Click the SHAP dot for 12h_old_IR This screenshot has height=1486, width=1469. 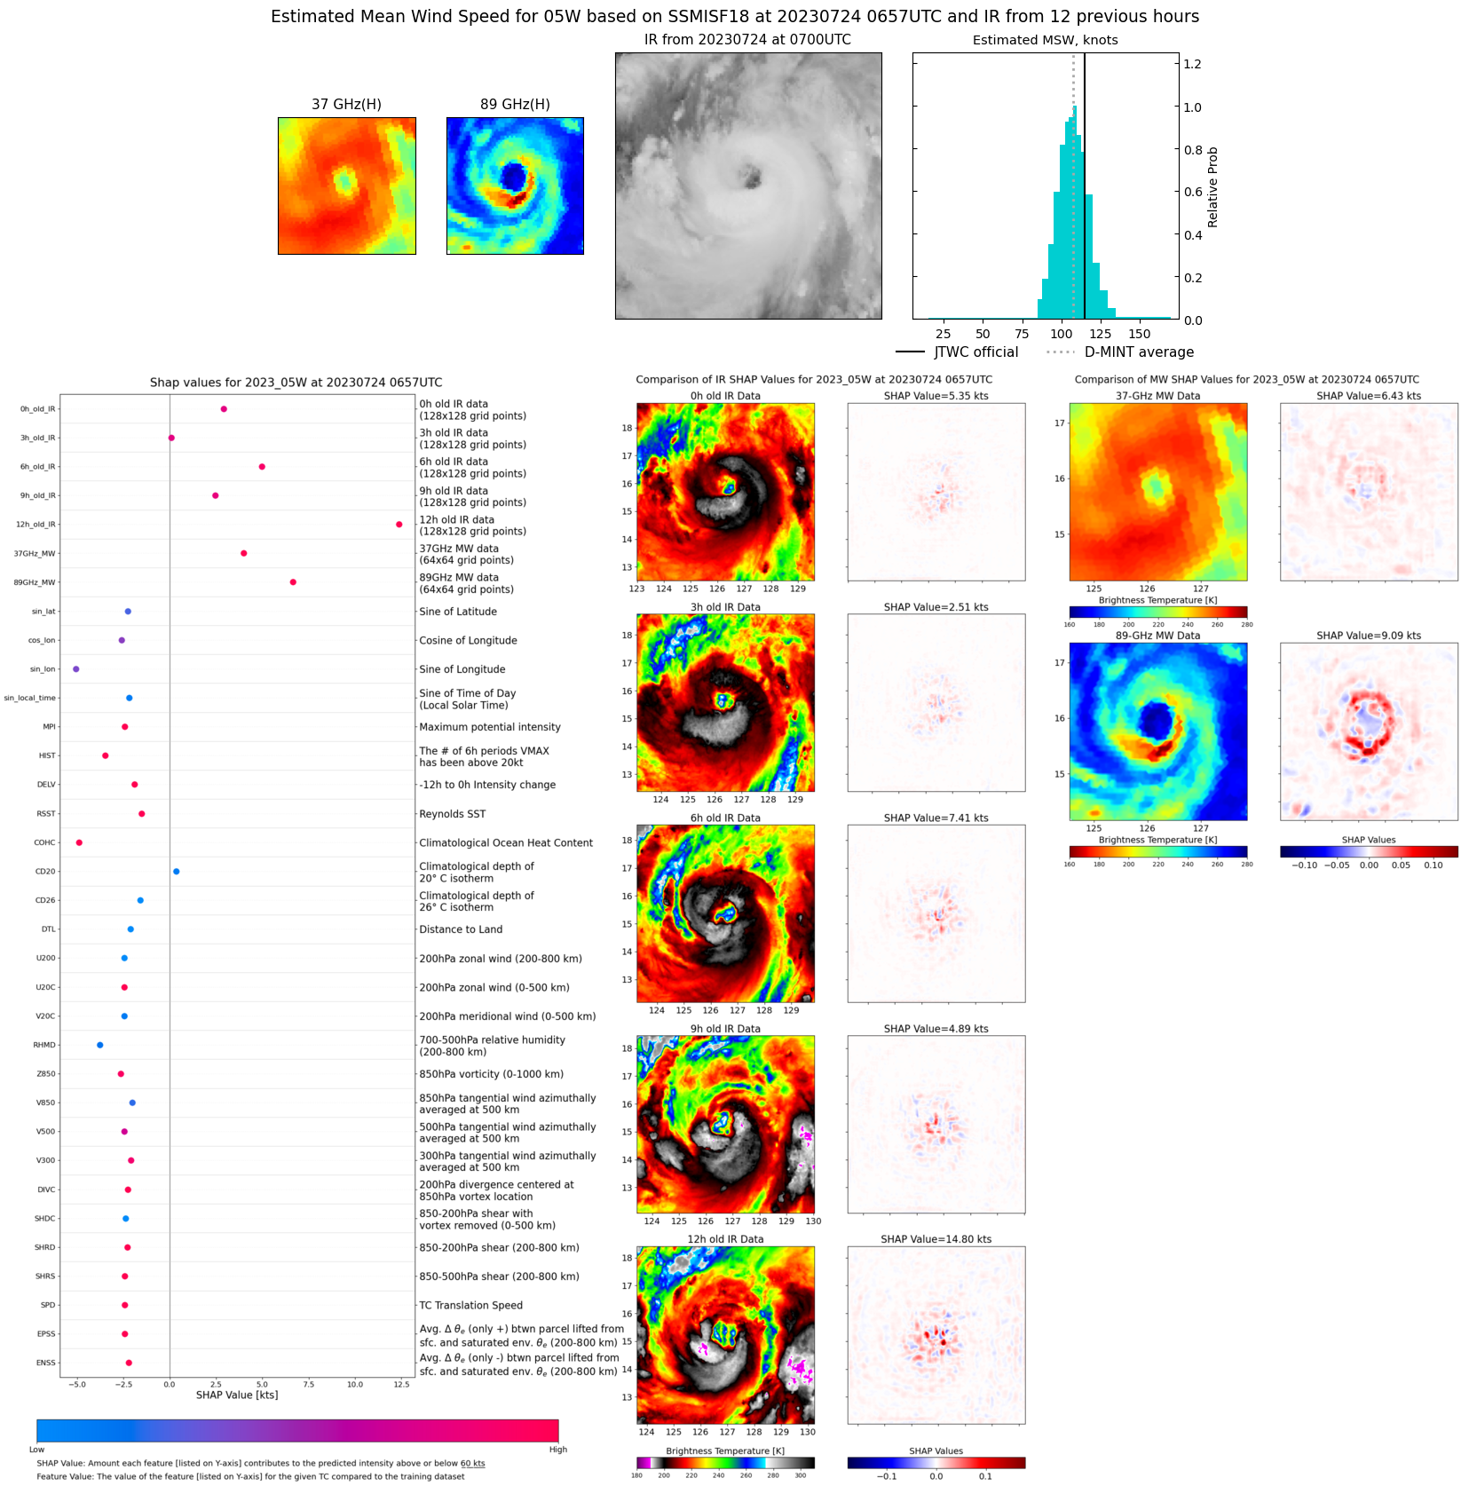coord(399,525)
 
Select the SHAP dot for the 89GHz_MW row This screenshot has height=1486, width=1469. coord(293,582)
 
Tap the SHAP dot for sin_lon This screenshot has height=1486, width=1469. coord(75,669)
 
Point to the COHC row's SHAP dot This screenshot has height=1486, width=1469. coord(79,842)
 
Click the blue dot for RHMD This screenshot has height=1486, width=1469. coord(99,1045)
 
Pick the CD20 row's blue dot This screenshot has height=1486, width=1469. coord(176,872)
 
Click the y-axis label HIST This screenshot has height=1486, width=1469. coord(47,755)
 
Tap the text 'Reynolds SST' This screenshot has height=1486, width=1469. coord(452,814)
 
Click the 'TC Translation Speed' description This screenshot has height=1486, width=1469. coord(470,1305)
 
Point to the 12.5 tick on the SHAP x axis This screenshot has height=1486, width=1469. coord(401,1384)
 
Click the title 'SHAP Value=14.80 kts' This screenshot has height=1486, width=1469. coord(936,1239)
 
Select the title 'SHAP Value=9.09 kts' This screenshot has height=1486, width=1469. coord(1368,636)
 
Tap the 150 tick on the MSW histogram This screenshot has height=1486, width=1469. coord(1140,334)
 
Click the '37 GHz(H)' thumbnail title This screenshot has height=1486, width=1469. coord(346,105)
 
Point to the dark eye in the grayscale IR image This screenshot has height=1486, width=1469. coord(752,177)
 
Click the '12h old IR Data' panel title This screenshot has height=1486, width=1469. coord(725,1239)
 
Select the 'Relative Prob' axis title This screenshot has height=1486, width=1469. coord(1212,187)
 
